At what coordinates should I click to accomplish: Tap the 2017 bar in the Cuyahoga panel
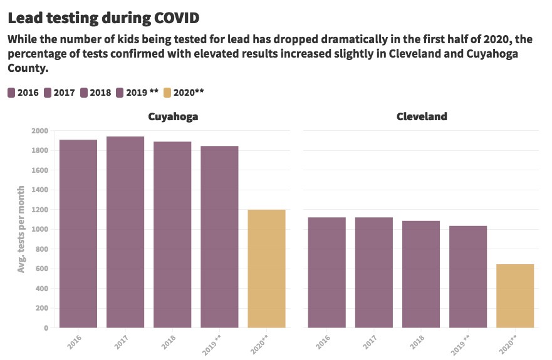point(125,232)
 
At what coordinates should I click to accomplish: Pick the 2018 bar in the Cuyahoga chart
point(172,234)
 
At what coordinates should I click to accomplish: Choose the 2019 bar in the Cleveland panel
point(468,276)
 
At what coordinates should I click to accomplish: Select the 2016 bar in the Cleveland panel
point(327,272)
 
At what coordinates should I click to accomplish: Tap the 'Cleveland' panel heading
point(421,116)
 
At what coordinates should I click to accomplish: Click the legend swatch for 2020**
point(167,93)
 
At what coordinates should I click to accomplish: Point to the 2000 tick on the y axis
point(39,131)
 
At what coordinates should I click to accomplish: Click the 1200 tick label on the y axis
point(39,210)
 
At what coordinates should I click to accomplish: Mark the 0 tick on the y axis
point(46,327)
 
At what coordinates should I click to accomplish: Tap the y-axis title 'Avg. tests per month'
point(21,229)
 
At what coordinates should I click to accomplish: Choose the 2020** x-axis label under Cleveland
point(511,342)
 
